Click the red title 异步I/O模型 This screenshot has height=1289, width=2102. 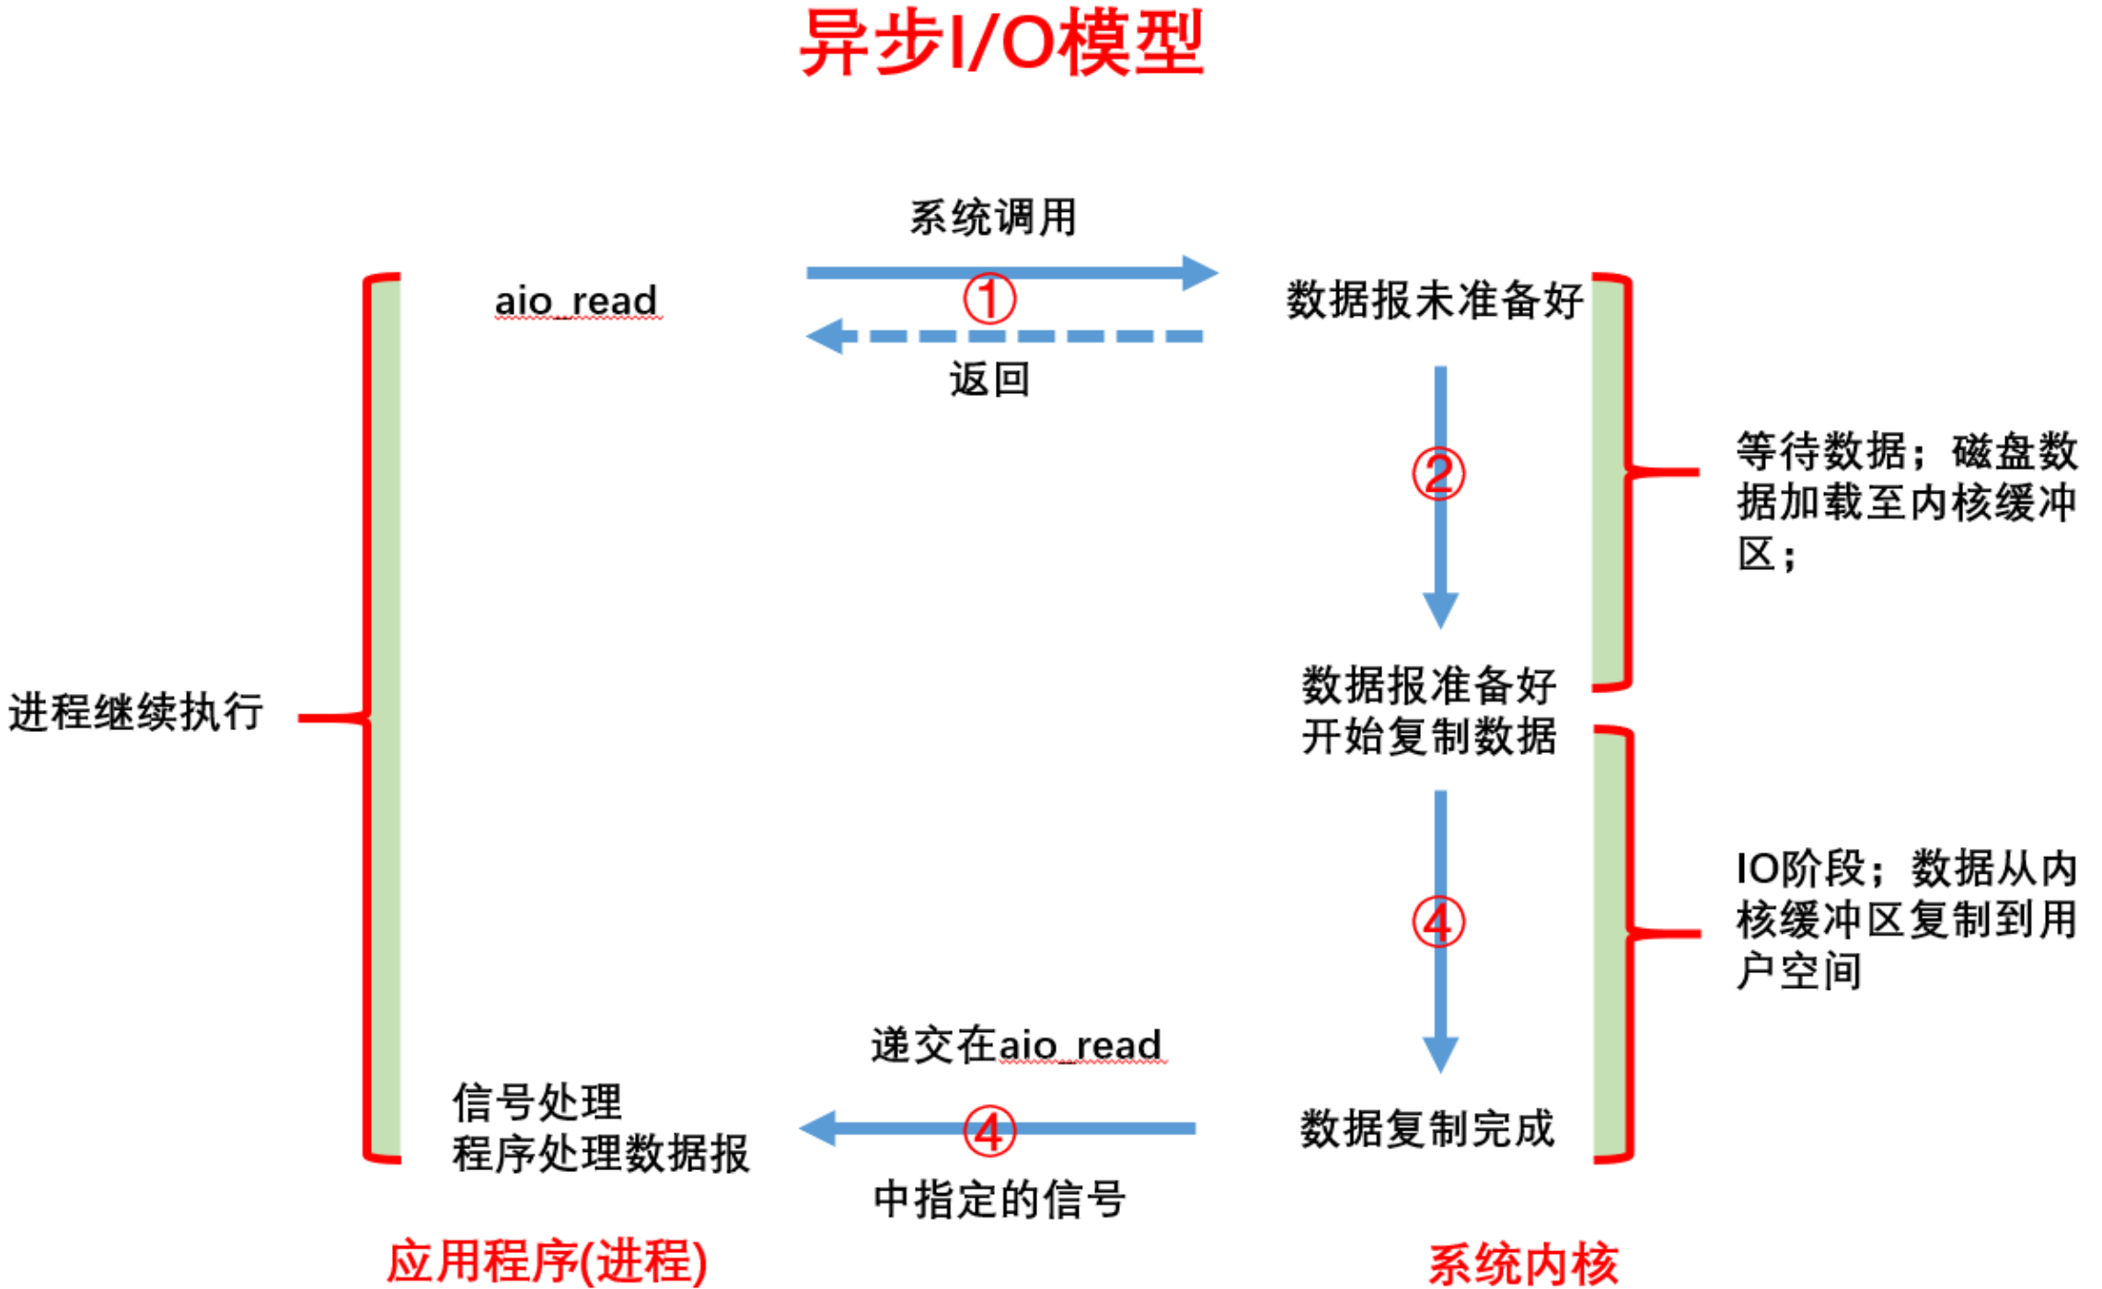[1001, 42]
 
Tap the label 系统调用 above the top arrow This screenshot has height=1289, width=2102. [992, 218]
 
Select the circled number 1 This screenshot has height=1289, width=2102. [989, 298]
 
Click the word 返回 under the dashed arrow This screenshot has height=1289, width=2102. [989, 379]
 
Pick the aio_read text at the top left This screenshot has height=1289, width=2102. [576, 300]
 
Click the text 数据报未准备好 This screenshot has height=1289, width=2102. [1434, 300]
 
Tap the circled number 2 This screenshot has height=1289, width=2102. [1438, 473]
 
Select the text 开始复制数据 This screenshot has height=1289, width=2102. [1428, 737]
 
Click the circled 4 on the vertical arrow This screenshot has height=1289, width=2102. [1438, 922]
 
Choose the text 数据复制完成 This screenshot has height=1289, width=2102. [1426, 1128]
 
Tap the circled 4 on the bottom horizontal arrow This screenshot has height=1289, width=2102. [989, 1131]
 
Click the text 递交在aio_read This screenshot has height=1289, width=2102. [1016, 1045]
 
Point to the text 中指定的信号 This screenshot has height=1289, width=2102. [999, 1199]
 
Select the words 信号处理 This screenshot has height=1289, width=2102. [537, 1101]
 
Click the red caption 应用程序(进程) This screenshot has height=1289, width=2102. [547, 1261]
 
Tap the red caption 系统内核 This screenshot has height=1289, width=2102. [1522, 1263]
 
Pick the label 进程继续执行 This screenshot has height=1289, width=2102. [136, 712]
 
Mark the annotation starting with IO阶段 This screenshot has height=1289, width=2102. [1905, 919]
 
